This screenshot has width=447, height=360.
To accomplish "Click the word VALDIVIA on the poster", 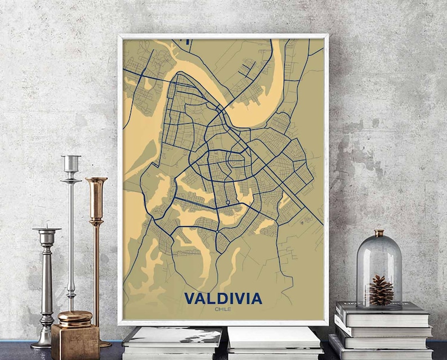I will click(x=223, y=298).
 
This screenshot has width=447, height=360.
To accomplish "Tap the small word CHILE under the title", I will click(x=223, y=308).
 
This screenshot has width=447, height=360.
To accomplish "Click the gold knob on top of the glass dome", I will click(x=379, y=233).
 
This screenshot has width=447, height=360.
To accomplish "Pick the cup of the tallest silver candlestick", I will click(x=71, y=164).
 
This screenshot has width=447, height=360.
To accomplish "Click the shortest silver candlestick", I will click(x=46, y=281).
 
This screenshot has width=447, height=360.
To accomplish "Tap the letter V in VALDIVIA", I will click(x=190, y=298).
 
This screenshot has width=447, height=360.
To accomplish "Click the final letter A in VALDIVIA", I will click(x=256, y=298).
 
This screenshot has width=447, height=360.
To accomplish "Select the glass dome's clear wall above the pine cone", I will click(x=379, y=256).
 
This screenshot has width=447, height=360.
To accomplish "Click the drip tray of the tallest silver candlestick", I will click(x=71, y=180).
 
